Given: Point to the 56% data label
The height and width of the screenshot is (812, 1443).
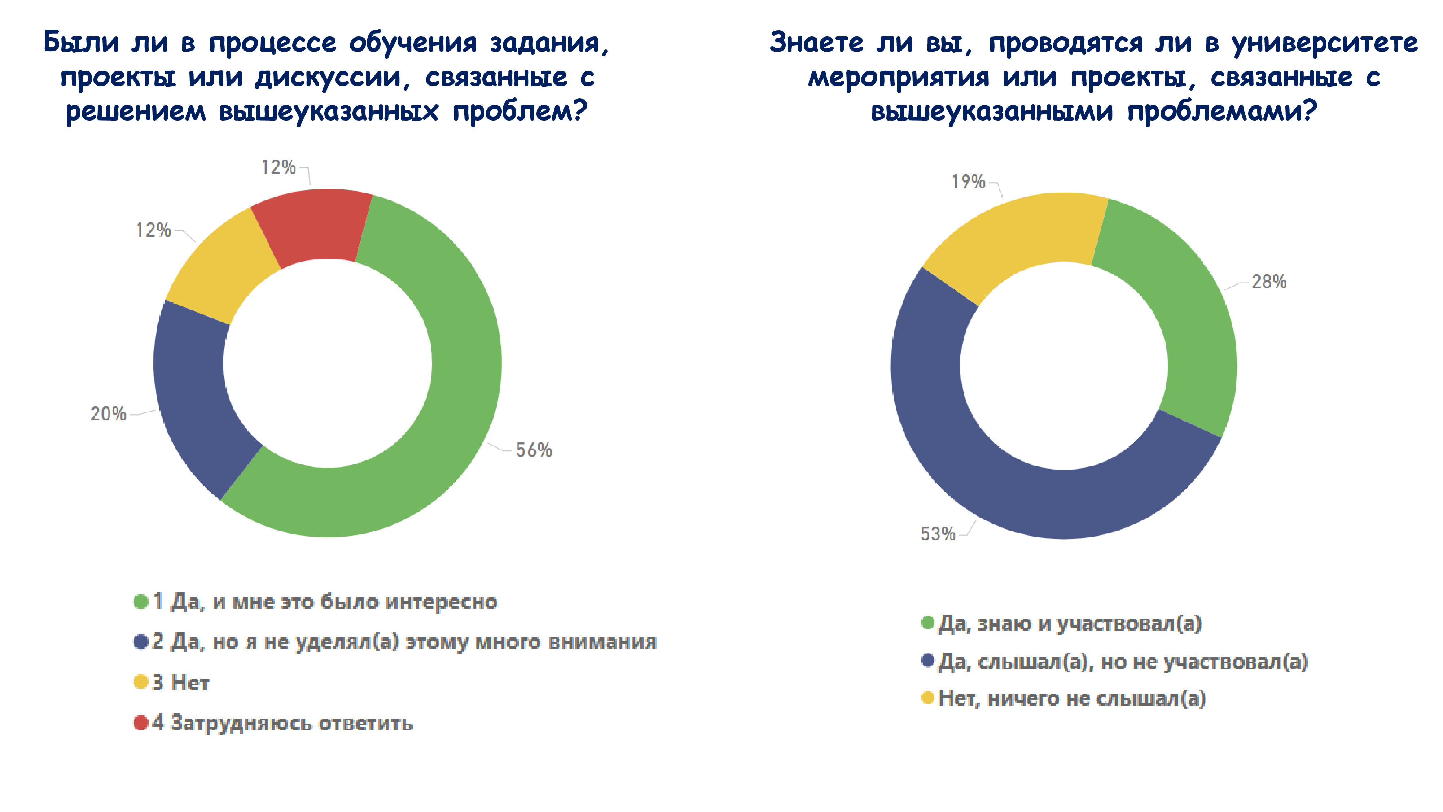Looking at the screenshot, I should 533,450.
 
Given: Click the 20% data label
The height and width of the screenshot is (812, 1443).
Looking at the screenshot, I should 108,414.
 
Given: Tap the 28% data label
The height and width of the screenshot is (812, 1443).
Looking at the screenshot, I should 1269,282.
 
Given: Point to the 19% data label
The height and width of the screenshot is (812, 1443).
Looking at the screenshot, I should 968,182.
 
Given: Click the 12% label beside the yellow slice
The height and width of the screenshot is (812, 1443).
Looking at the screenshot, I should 153,230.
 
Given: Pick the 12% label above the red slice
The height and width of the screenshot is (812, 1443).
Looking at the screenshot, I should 278,167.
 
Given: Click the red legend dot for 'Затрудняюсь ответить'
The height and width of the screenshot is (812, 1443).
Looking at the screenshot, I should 141,723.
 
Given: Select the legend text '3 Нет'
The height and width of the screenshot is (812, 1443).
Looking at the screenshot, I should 180,682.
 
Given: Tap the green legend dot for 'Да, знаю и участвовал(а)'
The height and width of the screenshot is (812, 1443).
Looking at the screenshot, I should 927,623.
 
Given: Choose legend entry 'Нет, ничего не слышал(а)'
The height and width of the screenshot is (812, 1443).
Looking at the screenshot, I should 1071,699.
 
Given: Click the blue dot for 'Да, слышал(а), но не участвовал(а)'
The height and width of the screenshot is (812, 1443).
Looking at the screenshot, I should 927,661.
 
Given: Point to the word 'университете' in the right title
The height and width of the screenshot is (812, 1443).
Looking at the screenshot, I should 1324,43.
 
